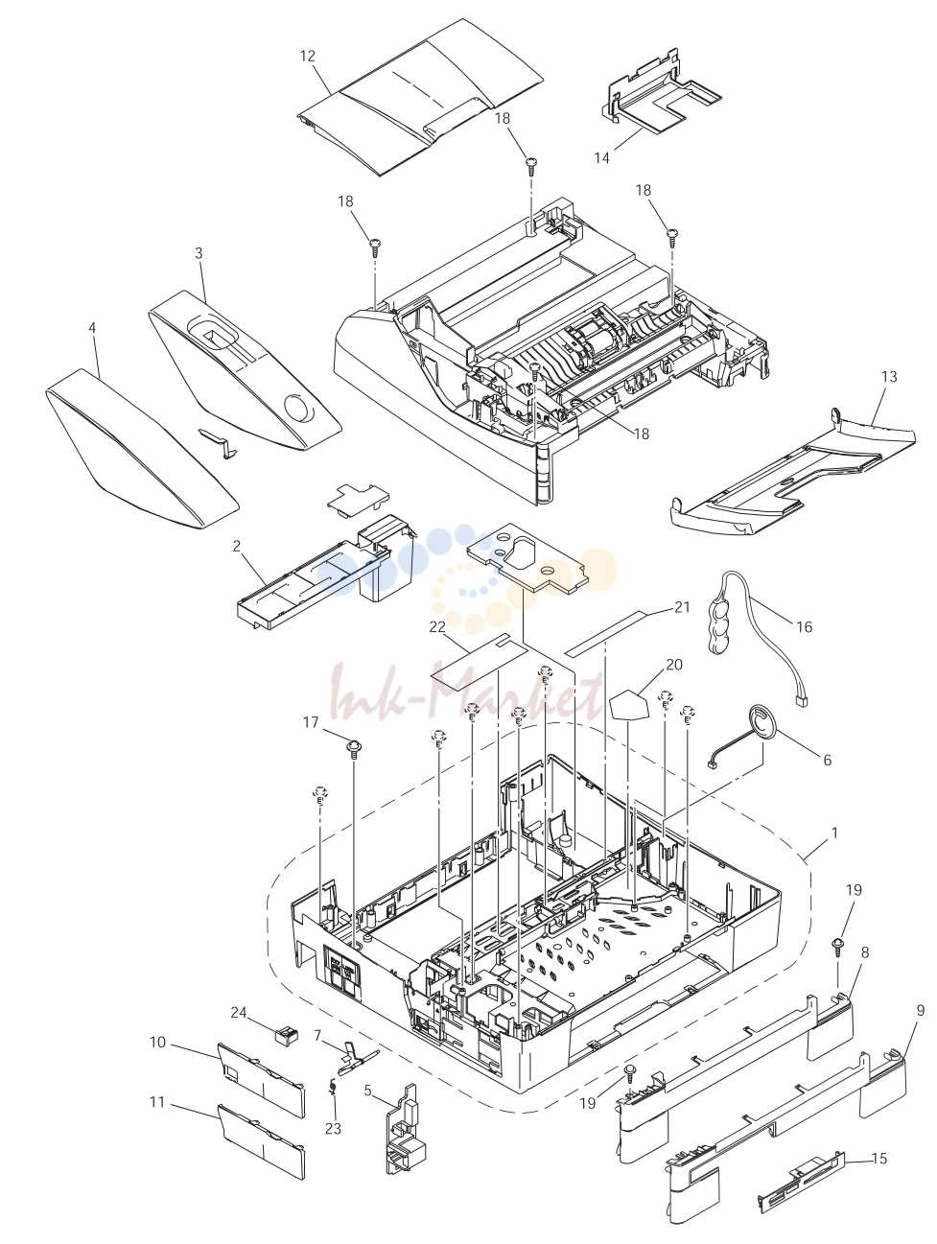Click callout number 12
[x=308, y=56]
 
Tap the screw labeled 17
[x=354, y=749]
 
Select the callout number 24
[x=239, y=1012]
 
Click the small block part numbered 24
[x=286, y=1035]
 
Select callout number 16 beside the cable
[x=804, y=627]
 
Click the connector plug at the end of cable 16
[x=802, y=702]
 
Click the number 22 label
[x=436, y=627]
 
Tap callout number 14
[x=601, y=158]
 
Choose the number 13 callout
[x=889, y=376]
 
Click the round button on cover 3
[x=298, y=407]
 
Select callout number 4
[x=92, y=328]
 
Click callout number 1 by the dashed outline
[x=834, y=833]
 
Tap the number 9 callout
[x=921, y=1011]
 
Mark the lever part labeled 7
[x=357, y=1058]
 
